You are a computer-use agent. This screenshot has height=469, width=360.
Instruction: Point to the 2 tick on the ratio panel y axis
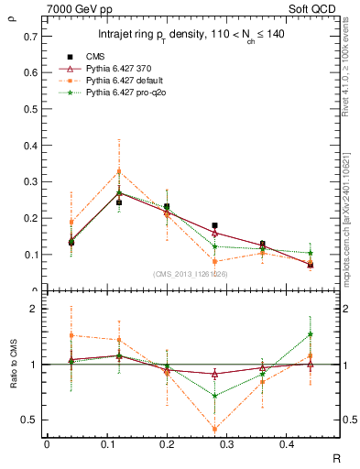tap(36, 310)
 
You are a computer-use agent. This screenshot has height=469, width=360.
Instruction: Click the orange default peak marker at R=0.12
tap(117, 171)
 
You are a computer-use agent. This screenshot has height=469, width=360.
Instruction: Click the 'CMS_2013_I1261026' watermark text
tap(191, 274)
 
